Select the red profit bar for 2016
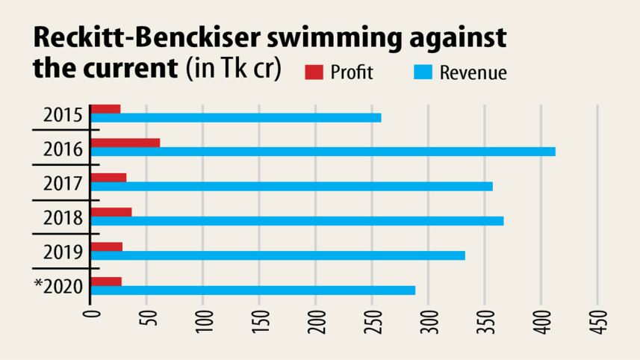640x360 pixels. (x=125, y=143)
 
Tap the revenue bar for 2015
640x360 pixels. (x=236, y=117)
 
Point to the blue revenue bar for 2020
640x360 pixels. (x=252, y=290)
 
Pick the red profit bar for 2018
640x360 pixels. (x=111, y=212)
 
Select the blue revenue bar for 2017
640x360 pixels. (x=291, y=186)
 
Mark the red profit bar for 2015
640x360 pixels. (x=105, y=109)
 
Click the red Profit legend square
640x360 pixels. (x=314, y=72)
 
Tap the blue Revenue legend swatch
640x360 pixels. (x=422, y=72)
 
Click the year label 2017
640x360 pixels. (x=62, y=181)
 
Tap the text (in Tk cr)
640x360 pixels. (x=232, y=69)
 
